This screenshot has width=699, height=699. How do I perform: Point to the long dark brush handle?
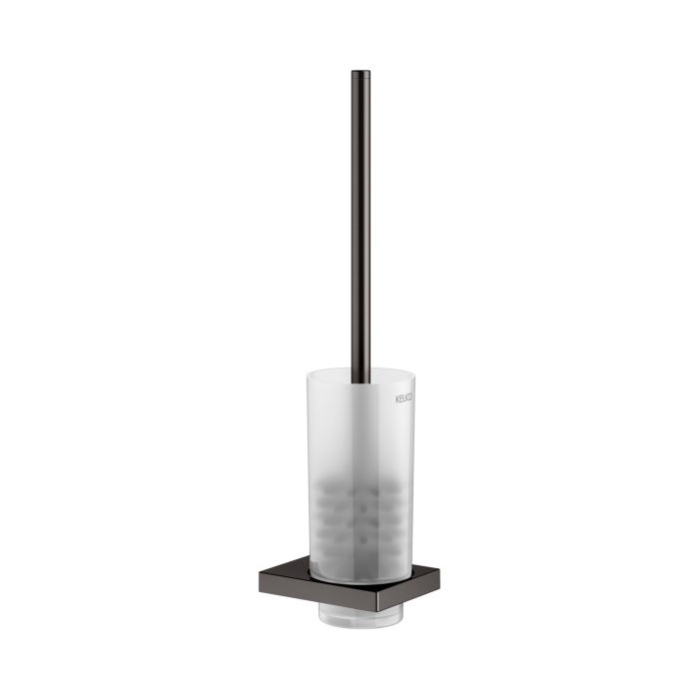(x=360, y=220)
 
